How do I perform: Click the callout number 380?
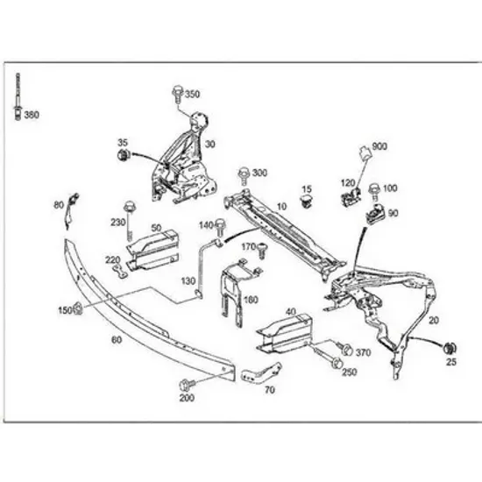[x=32, y=115]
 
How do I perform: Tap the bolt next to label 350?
[x=178, y=95]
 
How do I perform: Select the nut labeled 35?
[x=124, y=154]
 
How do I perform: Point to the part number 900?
[x=379, y=146]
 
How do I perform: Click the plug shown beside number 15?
[x=306, y=201]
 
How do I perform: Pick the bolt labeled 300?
[x=244, y=175]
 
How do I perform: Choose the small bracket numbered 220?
[x=120, y=272]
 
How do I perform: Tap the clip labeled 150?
[x=78, y=308]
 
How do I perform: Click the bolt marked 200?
[x=187, y=385]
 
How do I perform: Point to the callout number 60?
[x=117, y=340]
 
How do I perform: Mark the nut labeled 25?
[x=450, y=348]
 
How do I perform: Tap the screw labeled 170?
[x=262, y=251]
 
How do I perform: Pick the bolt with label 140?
[x=220, y=228]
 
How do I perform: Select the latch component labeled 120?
[x=351, y=197]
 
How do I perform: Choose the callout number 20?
[x=434, y=320]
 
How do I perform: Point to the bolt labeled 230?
[x=130, y=220]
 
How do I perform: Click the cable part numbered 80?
[x=71, y=211]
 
